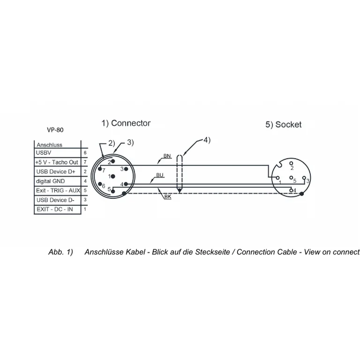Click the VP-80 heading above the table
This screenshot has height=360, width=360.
55,130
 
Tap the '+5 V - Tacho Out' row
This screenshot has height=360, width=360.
57,162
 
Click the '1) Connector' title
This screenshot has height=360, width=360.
126,123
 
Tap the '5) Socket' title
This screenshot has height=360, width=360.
284,124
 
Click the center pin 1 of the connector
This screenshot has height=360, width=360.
112,176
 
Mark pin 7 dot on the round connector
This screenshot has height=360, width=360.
100,169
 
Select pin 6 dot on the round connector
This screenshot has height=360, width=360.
100,184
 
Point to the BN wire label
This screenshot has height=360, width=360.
167,156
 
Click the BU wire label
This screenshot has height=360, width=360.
160,175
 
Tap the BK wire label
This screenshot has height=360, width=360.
168,197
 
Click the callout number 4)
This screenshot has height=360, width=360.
207,140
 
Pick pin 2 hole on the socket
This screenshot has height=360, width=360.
291,163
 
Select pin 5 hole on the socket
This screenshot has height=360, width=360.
291,178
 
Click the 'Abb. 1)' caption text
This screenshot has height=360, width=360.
60,252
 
